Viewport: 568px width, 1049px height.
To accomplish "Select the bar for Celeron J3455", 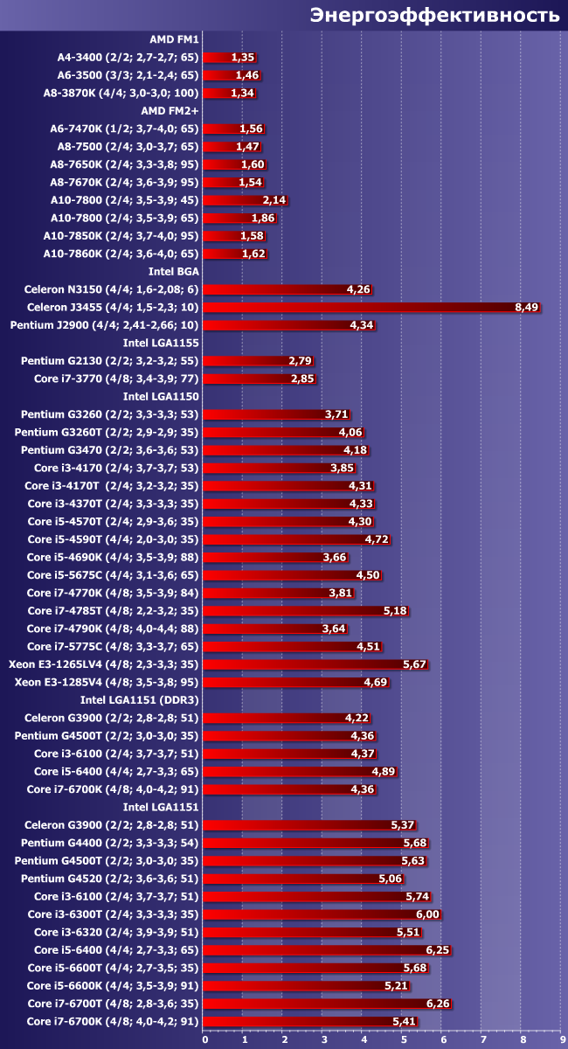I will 367,307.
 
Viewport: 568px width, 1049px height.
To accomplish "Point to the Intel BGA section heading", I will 174,271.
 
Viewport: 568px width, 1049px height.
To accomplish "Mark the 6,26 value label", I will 438,1004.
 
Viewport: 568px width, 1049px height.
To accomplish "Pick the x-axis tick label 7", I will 482,1040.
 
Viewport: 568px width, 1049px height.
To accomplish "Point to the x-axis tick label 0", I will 205,1040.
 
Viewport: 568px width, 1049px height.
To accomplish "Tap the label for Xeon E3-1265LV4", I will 104,664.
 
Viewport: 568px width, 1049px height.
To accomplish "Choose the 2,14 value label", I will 274,200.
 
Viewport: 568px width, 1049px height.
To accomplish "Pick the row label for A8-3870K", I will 121,93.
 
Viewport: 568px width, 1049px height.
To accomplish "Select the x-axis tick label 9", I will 562,1040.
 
